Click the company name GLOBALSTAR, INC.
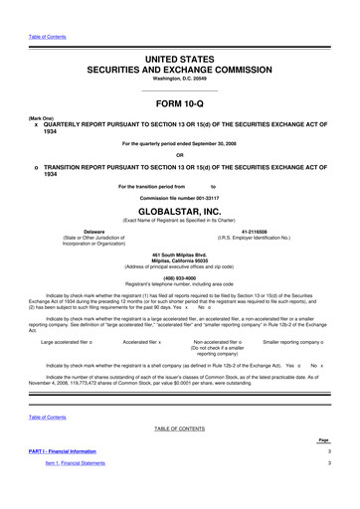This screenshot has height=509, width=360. click(180, 212)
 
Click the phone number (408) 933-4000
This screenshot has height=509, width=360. click(180, 277)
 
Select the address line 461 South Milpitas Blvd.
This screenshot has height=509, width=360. click(180, 255)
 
